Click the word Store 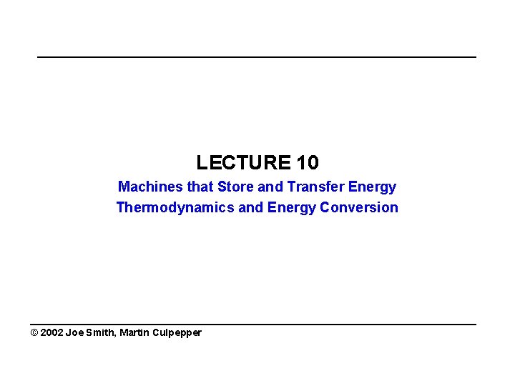(x=236, y=187)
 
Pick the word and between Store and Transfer (x=271, y=187)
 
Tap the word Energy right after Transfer (x=372, y=187)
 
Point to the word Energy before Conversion (x=292, y=208)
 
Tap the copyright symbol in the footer (x=34, y=333)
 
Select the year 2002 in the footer (x=52, y=333)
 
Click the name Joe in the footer (x=75, y=333)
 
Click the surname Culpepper (x=177, y=333)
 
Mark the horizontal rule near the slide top (x=257, y=57)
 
